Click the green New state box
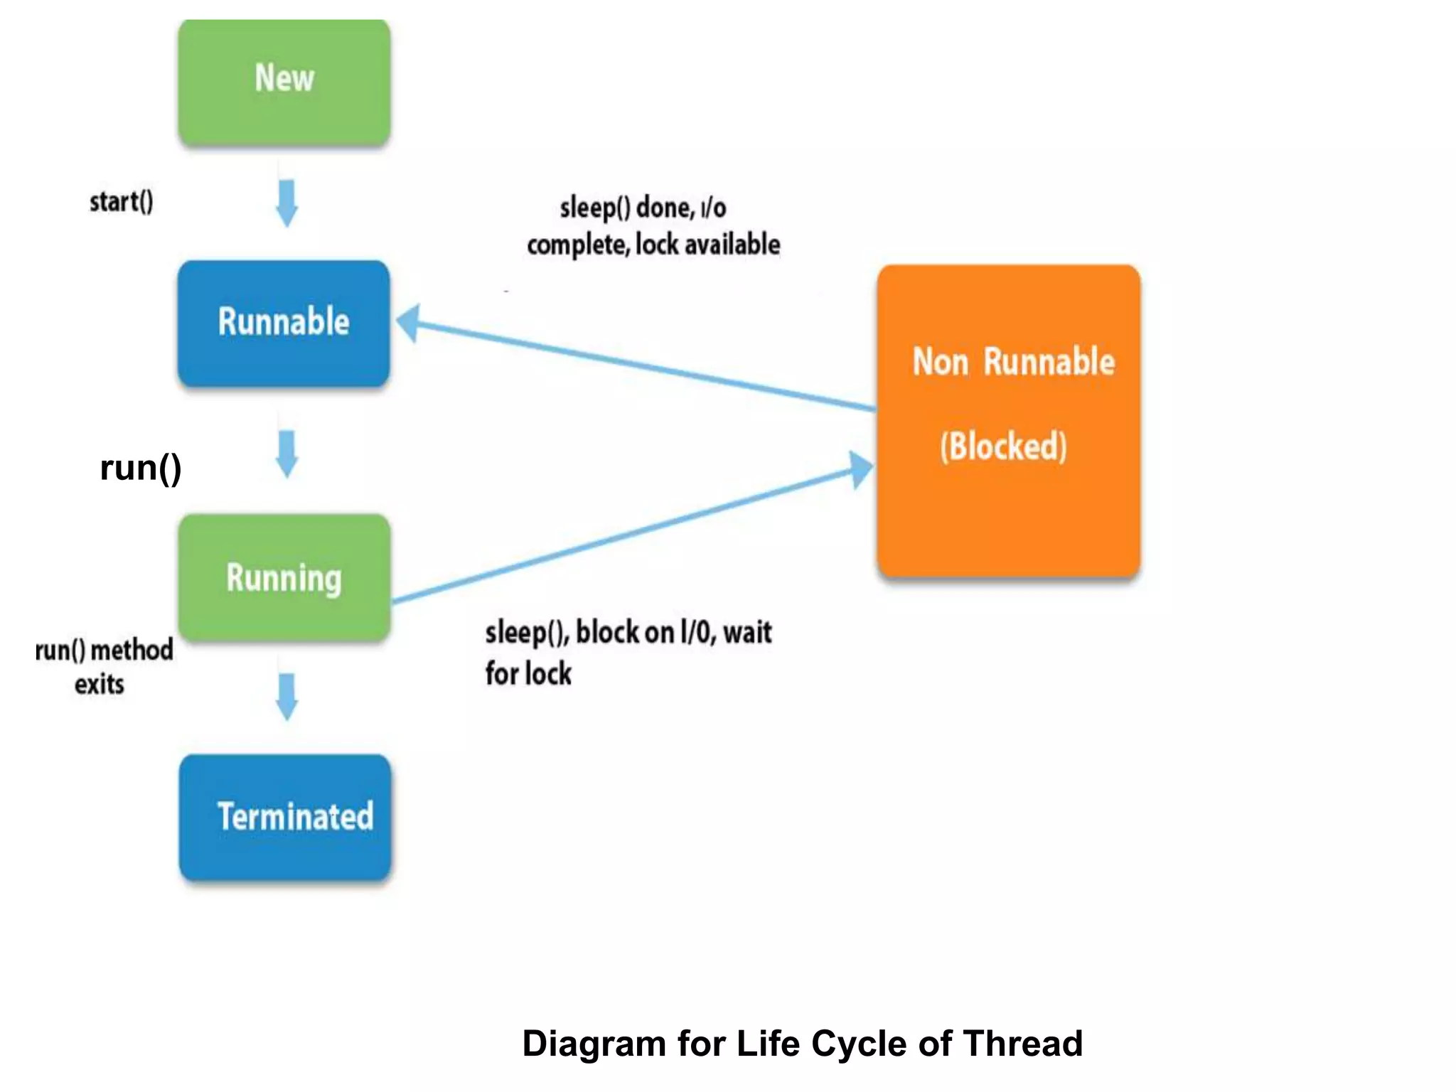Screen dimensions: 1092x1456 284,82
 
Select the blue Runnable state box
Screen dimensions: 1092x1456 284,323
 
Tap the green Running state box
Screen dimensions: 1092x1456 284,577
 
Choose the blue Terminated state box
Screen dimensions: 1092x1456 285,818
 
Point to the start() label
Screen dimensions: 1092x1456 121,202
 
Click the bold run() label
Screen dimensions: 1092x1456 141,469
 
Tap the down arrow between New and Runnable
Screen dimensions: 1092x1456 287,203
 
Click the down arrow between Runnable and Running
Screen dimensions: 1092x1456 287,453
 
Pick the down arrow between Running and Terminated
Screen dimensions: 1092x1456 287,697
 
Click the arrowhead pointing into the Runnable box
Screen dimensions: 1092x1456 409,323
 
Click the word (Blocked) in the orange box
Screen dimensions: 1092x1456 1003,446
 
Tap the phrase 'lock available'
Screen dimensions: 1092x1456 707,245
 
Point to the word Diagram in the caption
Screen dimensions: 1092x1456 594,1044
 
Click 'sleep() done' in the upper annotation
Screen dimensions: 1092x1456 626,208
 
